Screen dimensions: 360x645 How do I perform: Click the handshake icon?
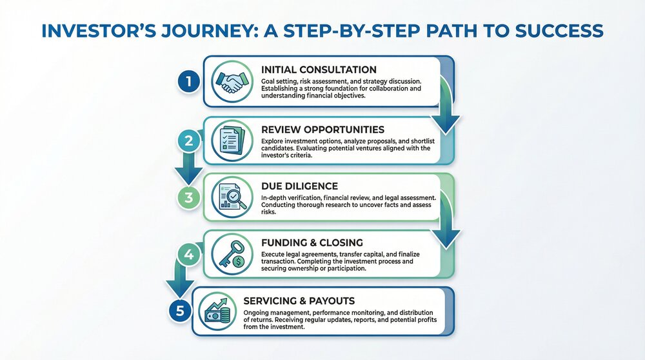click(231, 82)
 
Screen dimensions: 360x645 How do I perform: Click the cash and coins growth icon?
click(220, 311)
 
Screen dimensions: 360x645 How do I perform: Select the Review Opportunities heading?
click(323, 129)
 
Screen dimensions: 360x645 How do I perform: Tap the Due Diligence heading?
click(299, 186)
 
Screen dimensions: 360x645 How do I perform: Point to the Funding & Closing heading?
click(312, 243)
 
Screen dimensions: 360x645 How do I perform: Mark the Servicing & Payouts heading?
click(308, 301)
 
